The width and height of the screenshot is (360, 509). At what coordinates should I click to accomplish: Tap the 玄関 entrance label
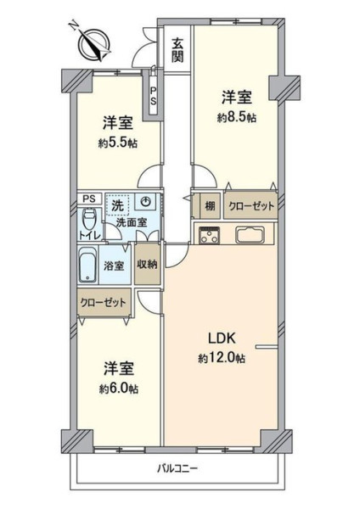177,50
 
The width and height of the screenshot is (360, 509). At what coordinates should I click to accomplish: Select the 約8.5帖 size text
237,118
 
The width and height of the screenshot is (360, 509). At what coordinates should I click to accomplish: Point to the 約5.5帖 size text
118,143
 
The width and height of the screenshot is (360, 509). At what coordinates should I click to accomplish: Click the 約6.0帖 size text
119,389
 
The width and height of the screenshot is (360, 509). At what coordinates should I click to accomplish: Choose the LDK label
222,338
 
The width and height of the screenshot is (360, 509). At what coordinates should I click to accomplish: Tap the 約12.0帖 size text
222,358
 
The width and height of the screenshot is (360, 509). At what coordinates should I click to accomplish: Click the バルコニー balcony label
177,468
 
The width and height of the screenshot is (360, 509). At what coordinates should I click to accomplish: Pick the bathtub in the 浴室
87,265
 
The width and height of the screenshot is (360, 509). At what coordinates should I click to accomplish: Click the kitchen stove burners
209,234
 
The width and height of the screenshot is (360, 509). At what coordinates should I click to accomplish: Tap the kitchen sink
250,234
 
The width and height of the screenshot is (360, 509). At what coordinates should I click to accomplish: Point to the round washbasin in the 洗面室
146,202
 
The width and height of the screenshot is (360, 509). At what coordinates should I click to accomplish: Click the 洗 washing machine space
118,204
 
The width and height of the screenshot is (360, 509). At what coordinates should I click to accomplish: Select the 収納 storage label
147,265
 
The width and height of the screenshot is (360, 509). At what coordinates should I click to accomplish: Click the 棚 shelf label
210,206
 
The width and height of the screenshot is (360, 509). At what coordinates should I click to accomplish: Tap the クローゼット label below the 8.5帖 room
250,206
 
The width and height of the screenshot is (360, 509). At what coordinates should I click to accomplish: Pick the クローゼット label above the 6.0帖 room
103,303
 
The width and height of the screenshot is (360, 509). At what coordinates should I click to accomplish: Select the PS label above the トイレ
88,199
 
